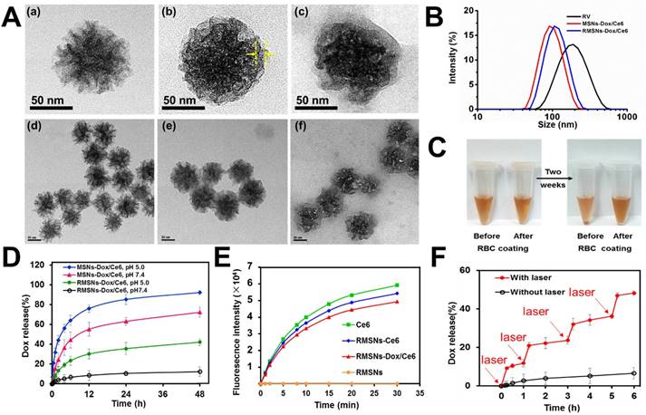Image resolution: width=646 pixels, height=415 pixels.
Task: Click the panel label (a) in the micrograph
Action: point(40,14)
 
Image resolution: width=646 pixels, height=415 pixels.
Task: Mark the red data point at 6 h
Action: point(631,293)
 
